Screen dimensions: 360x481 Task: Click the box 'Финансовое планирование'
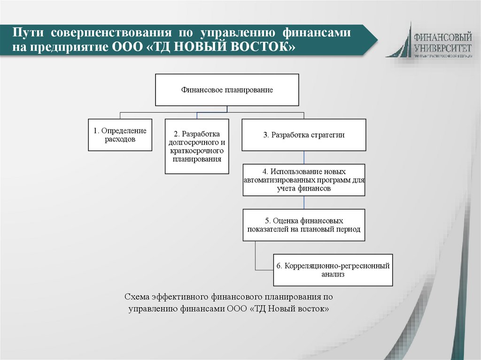227,90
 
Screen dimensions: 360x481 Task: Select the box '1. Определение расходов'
120,135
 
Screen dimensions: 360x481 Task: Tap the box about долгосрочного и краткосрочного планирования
197,146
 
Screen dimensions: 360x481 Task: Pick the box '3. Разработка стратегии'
303,135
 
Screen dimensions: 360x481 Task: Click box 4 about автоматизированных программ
303,180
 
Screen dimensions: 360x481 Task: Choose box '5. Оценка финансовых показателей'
303,225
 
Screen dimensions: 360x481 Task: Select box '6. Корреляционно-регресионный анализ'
333,270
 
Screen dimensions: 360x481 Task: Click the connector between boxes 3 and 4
304,157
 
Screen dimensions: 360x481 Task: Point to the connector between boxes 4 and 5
304,202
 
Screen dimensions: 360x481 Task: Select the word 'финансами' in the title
316,33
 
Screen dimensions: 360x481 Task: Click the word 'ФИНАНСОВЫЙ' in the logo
443,36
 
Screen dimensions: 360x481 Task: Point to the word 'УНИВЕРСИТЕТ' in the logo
443,47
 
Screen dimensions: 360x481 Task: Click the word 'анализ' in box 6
333,275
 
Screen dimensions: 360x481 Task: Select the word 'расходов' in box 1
120,139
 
